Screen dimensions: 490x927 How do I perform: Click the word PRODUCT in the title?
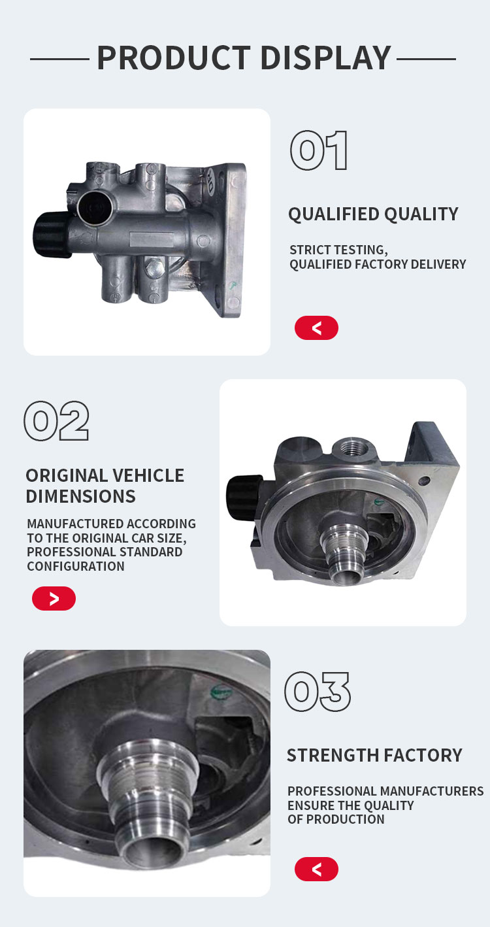click(x=174, y=58)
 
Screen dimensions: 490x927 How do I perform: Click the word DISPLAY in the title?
click(x=326, y=58)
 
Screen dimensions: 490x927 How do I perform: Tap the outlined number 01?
click(x=319, y=150)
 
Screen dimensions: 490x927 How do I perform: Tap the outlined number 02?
click(x=57, y=420)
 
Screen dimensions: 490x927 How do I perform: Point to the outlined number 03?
click(x=318, y=692)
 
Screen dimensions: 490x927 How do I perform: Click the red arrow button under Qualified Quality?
click(x=316, y=328)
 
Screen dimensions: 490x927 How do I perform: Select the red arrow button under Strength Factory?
click(x=316, y=869)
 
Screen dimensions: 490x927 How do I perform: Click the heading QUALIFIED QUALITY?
click(x=373, y=214)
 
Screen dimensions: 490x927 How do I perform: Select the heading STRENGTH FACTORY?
click(x=374, y=755)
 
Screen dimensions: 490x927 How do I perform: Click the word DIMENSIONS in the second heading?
click(x=80, y=496)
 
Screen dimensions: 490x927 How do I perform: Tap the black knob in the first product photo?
click(x=52, y=235)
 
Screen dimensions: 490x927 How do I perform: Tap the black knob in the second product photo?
click(x=243, y=497)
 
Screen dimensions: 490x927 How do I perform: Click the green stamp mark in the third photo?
click(x=221, y=692)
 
